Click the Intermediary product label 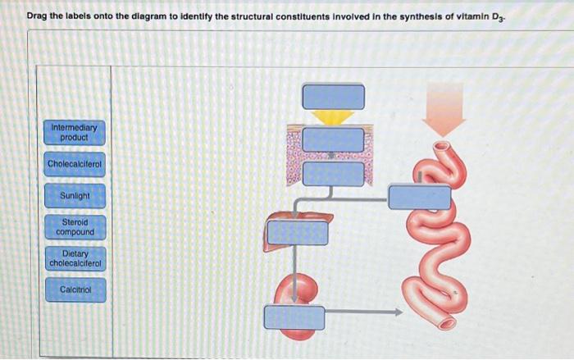point(74,133)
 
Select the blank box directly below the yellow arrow point(333,139)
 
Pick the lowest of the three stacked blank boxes point(333,174)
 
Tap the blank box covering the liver point(298,232)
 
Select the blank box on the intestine point(419,197)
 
